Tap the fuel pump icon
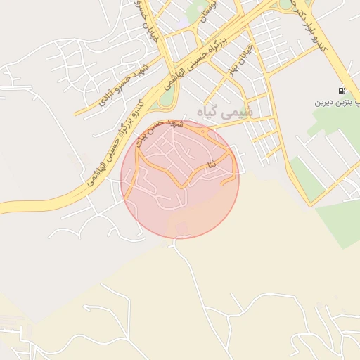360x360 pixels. point(342,91)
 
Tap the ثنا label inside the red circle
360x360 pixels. point(212,164)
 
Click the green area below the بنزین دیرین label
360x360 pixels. point(330,134)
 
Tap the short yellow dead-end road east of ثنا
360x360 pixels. point(229,180)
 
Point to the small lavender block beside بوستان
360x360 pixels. point(184,22)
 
